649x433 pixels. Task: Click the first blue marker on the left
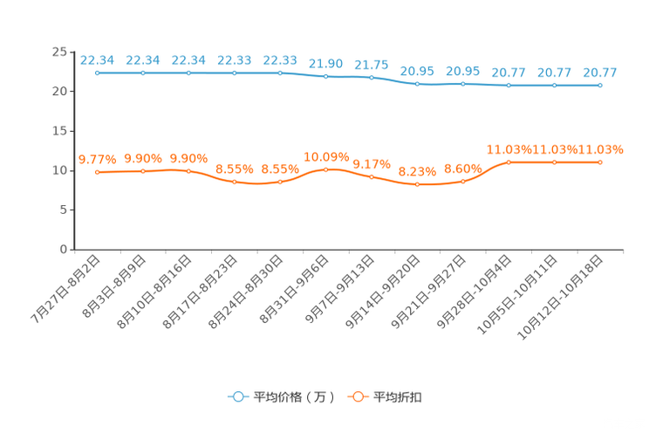pos(98,73)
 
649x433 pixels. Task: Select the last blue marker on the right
pos(600,86)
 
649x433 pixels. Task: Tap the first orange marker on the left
pos(98,173)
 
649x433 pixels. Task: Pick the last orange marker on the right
pos(600,162)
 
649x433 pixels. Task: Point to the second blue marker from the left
pos(143,73)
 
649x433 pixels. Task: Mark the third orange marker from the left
pos(189,171)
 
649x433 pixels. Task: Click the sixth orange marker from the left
pos(326,169)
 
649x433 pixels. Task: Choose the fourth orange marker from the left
pos(235,182)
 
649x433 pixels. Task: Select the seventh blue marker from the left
pos(372,78)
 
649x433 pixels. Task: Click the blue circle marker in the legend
pos(237,396)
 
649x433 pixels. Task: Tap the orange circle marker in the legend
pos(357,396)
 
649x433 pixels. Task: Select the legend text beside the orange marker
pos(399,397)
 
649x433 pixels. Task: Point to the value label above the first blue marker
pos(98,60)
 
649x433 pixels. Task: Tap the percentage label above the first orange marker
pos(98,159)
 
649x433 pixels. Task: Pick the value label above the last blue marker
pos(600,72)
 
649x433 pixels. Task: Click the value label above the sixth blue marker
pos(326,64)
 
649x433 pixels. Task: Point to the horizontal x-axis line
pos(349,250)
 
